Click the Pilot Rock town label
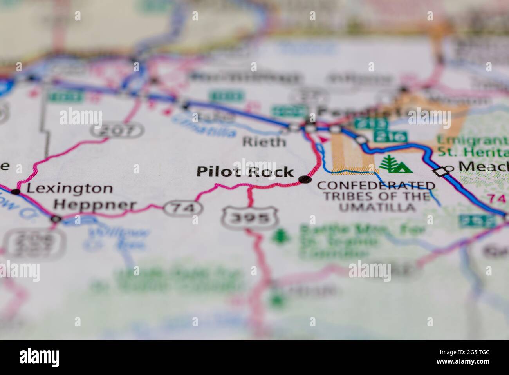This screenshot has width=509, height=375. (x=245, y=172)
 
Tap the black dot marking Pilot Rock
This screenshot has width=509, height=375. (x=305, y=180)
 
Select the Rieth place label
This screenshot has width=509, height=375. (x=264, y=142)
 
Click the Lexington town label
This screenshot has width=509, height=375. (x=69, y=188)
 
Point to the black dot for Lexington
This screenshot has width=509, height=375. (x=16, y=192)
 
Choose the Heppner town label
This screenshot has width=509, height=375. (x=95, y=205)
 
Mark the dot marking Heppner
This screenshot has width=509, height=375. (x=56, y=219)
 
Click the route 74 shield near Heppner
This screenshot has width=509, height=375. (x=184, y=208)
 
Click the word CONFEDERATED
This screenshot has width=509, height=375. (x=376, y=186)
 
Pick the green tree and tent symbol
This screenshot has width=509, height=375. (x=395, y=165)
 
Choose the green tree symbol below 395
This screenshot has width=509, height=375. (x=280, y=236)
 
